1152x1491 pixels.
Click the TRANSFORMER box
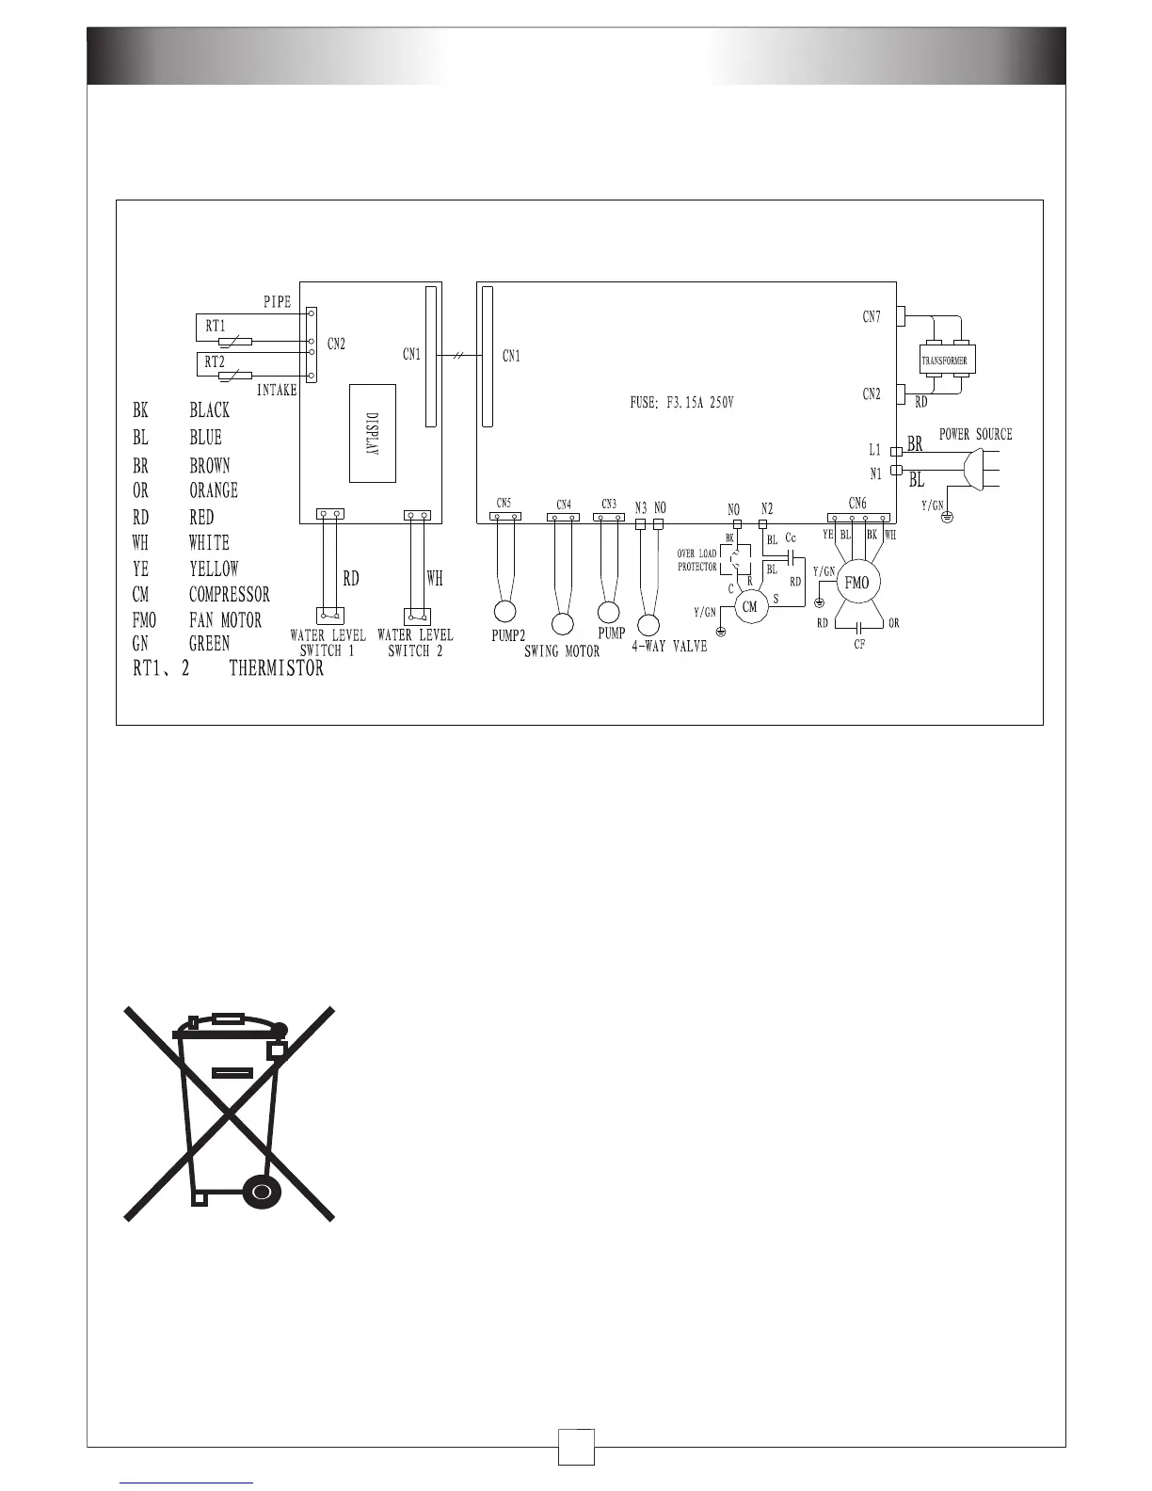(x=944, y=361)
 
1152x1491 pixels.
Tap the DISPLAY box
(x=372, y=433)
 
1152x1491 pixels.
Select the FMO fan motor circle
(x=856, y=584)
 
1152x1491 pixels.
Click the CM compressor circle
(x=750, y=607)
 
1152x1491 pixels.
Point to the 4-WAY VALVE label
(x=669, y=647)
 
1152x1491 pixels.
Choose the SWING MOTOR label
(x=562, y=651)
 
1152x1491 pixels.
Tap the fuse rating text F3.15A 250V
(x=681, y=403)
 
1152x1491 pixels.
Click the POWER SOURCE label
(x=976, y=434)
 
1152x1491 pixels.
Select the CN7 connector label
(x=872, y=317)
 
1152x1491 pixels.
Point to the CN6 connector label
(x=857, y=503)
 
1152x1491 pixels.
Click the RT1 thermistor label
(x=216, y=326)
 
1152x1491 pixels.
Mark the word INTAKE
(x=277, y=390)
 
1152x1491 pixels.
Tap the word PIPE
(x=277, y=302)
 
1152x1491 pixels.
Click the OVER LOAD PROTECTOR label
(x=697, y=560)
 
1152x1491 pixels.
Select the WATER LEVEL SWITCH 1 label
(x=328, y=643)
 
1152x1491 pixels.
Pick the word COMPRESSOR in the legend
(x=229, y=595)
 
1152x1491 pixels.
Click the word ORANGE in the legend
(x=214, y=490)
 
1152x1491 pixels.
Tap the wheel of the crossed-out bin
(x=262, y=1191)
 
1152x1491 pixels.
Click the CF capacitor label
(x=859, y=645)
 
